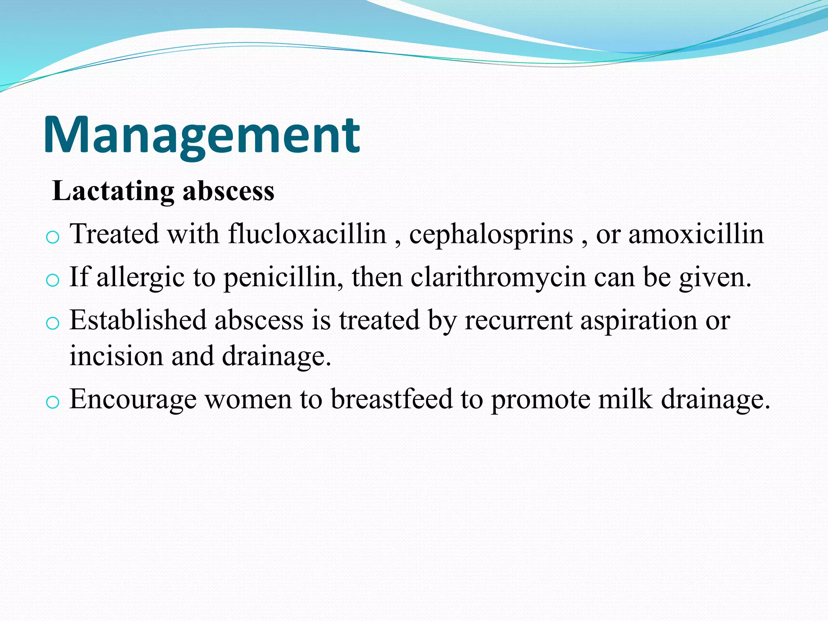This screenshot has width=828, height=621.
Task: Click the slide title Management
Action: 201,135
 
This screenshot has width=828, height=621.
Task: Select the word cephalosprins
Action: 491,234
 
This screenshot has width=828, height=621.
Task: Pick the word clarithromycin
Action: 498,277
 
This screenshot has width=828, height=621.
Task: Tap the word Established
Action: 138,320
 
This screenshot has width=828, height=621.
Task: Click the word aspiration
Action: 638,321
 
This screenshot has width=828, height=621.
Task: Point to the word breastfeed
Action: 391,399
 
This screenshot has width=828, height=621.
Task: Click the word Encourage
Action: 133,399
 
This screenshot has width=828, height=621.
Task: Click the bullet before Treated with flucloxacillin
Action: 53,237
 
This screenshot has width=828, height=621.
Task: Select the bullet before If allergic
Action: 53,280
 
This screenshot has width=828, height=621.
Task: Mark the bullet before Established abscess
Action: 53,323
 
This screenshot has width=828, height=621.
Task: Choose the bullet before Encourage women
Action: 53,402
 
